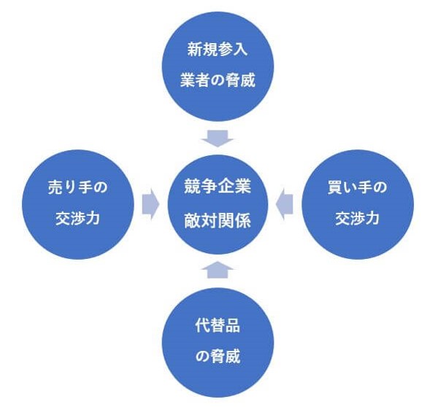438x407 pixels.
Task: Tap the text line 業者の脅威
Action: click(218, 80)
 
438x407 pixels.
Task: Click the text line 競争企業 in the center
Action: click(218, 187)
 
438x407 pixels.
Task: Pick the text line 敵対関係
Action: click(218, 218)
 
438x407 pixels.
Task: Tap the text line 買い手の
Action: click(357, 187)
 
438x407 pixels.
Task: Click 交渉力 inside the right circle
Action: click(357, 218)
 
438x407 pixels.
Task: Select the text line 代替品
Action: click(218, 326)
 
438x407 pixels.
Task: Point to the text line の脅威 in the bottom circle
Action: click(218, 357)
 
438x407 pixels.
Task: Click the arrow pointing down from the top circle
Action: click(218, 136)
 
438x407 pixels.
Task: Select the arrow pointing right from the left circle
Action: click(150, 204)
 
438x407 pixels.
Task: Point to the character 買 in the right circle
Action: click(336, 187)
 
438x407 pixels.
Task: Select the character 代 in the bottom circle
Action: click(201, 326)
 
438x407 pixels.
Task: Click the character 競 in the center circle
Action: click(193, 187)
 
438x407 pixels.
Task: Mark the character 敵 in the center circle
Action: click(193, 218)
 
